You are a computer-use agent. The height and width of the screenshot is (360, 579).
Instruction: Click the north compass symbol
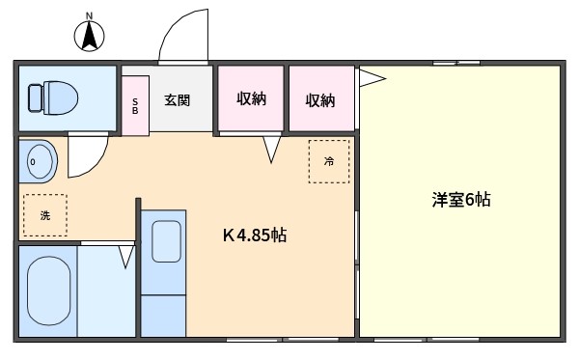(89, 36)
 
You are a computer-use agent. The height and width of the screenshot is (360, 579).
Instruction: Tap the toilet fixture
(53, 98)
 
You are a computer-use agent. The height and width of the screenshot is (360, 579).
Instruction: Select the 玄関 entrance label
(178, 100)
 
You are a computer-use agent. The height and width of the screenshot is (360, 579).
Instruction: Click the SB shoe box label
(135, 106)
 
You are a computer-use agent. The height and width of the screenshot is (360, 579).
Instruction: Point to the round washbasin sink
(38, 161)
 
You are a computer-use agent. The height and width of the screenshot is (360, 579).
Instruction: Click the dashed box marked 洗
(45, 215)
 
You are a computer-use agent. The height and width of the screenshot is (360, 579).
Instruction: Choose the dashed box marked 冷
(329, 161)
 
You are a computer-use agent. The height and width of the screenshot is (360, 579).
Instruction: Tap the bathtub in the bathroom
(48, 291)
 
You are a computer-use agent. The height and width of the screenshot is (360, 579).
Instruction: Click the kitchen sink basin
(166, 241)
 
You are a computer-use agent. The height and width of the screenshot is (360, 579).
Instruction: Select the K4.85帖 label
(255, 235)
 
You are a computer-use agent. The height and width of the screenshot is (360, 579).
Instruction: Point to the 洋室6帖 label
(461, 200)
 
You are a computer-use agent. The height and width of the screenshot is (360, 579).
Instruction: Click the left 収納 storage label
(251, 98)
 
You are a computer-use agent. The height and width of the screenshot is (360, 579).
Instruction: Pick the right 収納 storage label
(320, 100)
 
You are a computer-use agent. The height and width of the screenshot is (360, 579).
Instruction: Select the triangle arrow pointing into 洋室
(372, 78)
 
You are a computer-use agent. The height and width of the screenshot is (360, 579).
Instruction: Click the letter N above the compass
(89, 15)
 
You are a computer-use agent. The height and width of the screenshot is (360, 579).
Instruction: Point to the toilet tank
(36, 98)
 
